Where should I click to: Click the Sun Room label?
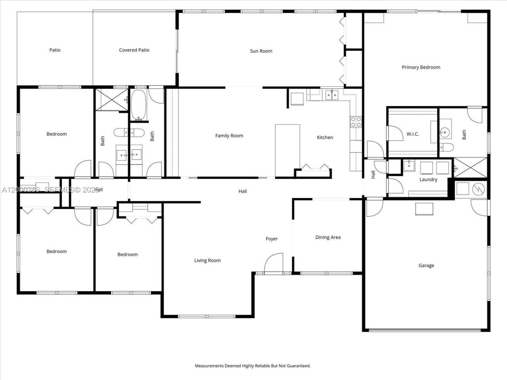261,51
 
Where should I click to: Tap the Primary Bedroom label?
421,67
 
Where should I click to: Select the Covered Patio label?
134,50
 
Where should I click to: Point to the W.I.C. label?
412,134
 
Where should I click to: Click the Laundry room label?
428,180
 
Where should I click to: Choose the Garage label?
426,266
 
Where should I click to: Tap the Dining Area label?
328,237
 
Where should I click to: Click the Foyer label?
271,239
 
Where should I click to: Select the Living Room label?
207,260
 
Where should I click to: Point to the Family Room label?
229,136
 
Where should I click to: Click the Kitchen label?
325,138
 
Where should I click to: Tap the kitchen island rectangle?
288,147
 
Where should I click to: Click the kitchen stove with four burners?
356,122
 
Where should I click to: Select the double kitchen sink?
332,95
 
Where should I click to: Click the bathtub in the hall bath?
139,105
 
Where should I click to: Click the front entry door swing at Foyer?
273,263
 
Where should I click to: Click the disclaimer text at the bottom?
253,366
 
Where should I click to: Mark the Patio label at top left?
55,50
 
